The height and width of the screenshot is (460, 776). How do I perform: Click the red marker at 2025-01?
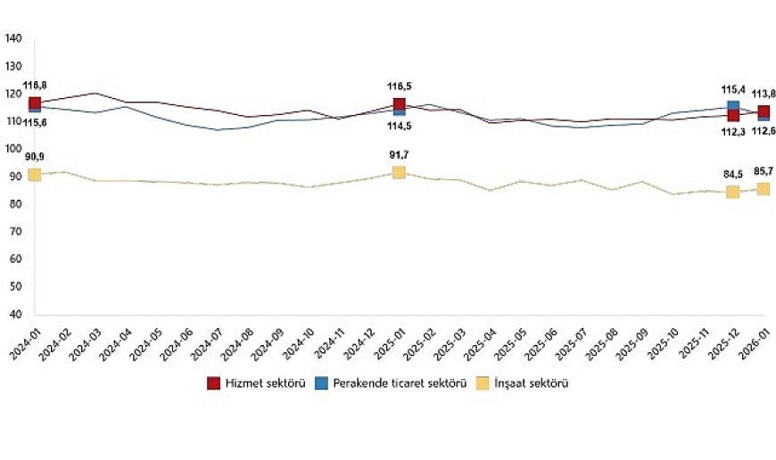coord(399,104)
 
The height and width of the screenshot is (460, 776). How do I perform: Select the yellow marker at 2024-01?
coord(35,174)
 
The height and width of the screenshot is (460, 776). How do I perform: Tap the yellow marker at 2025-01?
coord(399,172)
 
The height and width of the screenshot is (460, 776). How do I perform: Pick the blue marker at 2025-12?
coord(733,106)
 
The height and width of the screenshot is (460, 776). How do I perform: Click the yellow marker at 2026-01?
coord(764,188)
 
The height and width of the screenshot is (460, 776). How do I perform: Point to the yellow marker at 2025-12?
coord(733,192)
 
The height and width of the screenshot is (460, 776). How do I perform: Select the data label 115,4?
coord(732,90)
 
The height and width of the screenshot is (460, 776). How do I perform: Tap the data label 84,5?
coord(733,175)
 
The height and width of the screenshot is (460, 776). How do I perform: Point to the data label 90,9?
coord(34,157)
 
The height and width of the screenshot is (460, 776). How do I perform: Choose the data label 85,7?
coord(763,171)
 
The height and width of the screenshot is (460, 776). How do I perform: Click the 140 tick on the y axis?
coord(13,38)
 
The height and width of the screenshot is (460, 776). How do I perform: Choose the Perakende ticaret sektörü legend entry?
coord(393,383)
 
